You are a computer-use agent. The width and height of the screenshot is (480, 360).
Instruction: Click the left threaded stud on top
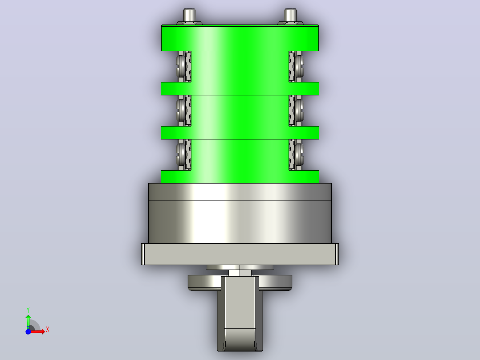point(189,15)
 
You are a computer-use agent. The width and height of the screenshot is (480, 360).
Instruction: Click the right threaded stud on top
point(290,15)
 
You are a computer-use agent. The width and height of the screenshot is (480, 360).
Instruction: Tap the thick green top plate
point(240,38)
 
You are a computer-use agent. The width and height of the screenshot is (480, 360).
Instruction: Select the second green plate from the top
point(240,89)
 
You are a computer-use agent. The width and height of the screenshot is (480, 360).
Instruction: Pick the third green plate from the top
point(240,133)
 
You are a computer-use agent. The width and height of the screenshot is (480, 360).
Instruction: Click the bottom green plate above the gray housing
point(240,177)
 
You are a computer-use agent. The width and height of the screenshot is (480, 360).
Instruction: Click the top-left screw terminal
point(183,67)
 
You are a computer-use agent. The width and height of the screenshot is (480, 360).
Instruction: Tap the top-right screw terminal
point(297,67)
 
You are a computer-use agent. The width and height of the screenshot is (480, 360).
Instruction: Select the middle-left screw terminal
point(183,110)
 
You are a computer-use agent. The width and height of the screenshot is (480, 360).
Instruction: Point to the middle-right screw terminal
point(297,110)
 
